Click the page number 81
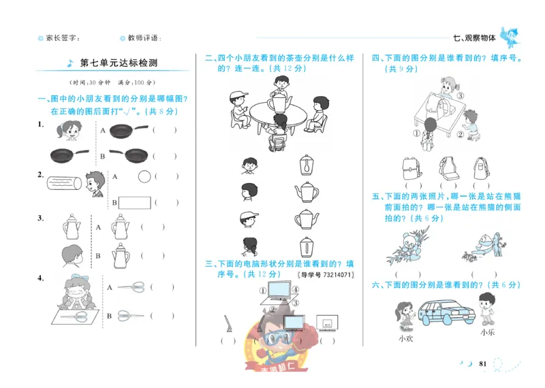pos(482,365)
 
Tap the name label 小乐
pos(486,332)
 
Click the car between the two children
pos(446,313)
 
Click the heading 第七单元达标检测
pos(119,63)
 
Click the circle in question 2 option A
pos(144,177)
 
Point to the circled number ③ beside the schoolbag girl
pos(461,95)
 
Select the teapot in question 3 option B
pos(121,256)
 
